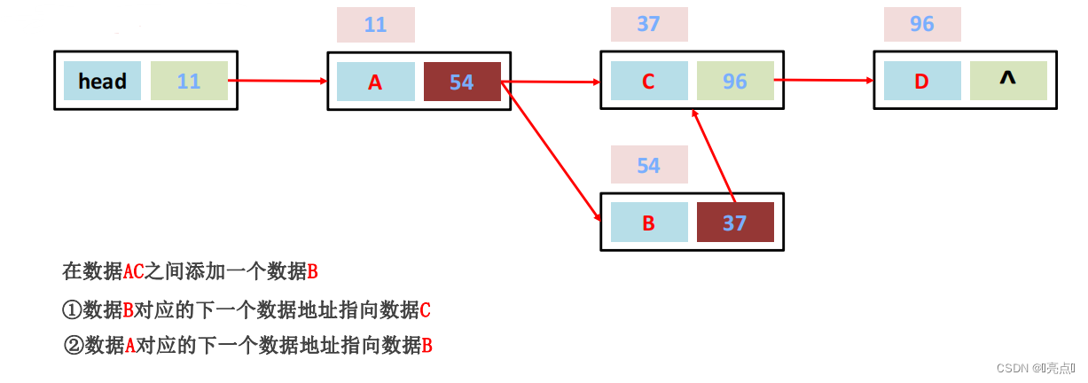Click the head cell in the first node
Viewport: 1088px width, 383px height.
pos(102,81)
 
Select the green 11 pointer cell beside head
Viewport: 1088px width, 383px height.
pos(189,81)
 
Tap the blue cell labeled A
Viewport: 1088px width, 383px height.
pos(375,82)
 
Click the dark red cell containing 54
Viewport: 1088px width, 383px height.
pos(462,82)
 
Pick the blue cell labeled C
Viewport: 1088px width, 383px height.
pos(648,81)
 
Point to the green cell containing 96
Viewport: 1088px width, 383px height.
pos(735,81)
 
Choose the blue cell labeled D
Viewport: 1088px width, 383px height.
pos(921,81)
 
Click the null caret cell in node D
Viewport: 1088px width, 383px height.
pos(1007,80)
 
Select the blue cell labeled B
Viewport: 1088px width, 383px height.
pos(648,223)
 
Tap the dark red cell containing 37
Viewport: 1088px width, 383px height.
pos(735,223)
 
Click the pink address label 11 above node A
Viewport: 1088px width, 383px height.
pos(375,24)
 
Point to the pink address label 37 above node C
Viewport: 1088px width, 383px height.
pos(648,24)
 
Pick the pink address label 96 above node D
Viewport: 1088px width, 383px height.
pos(922,24)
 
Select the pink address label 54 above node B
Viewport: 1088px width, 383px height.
pos(648,166)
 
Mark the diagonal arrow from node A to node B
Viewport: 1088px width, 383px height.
pos(550,151)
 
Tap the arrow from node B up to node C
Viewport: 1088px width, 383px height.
pos(715,156)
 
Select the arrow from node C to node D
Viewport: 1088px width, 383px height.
pos(825,80)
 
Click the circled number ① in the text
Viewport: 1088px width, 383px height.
pos(72,310)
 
